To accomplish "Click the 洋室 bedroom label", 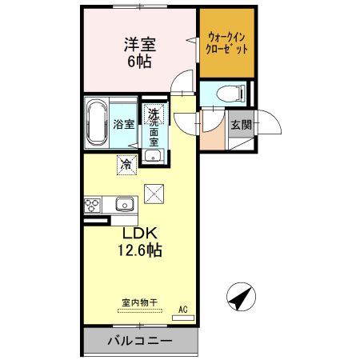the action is point(140,45).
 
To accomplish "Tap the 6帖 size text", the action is point(140,62).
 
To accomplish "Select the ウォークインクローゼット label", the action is point(227,43).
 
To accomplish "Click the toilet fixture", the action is point(231,94).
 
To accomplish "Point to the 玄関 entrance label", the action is point(242,124).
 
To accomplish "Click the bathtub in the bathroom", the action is point(97,122).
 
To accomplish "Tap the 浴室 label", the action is point(124,125).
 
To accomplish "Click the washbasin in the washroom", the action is point(153,155).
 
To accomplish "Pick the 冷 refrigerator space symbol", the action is point(126,165).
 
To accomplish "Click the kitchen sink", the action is point(125,205).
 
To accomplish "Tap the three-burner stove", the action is point(92,206).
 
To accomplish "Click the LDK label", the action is point(139,234).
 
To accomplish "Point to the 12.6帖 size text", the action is point(140,250).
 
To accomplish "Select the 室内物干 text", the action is point(140,302).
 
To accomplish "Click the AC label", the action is point(183,310).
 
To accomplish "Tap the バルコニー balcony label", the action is point(140,341).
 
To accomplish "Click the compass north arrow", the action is point(241,297).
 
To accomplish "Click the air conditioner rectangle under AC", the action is point(183,318).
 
